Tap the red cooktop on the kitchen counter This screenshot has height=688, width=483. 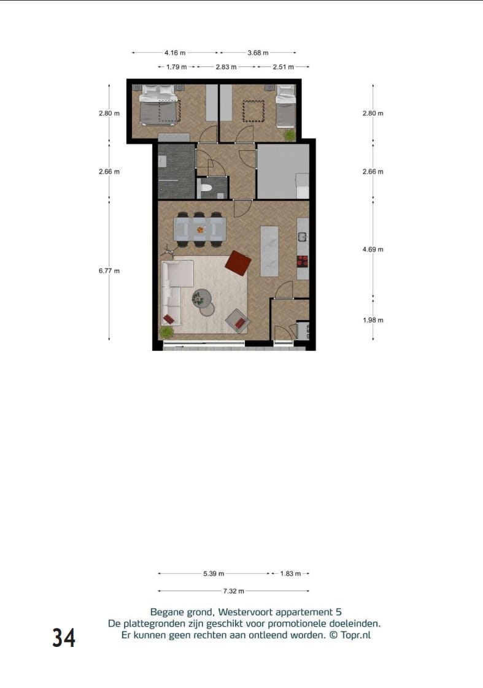click(303, 261)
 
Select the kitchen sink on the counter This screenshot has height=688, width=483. click(303, 237)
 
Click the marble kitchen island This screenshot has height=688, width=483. click(270, 251)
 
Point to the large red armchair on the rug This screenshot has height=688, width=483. click(238, 264)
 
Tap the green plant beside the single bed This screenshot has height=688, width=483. click(289, 135)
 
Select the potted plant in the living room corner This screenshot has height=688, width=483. click(166, 332)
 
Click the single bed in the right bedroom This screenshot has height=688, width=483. click(285, 105)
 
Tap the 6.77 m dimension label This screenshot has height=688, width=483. click(109, 270)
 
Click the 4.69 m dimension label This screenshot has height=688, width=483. click(373, 250)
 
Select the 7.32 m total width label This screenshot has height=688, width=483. click(233, 591)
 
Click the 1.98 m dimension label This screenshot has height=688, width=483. click(373, 320)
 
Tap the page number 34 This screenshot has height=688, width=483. click(64, 638)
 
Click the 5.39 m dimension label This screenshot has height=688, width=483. click(214, 574)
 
